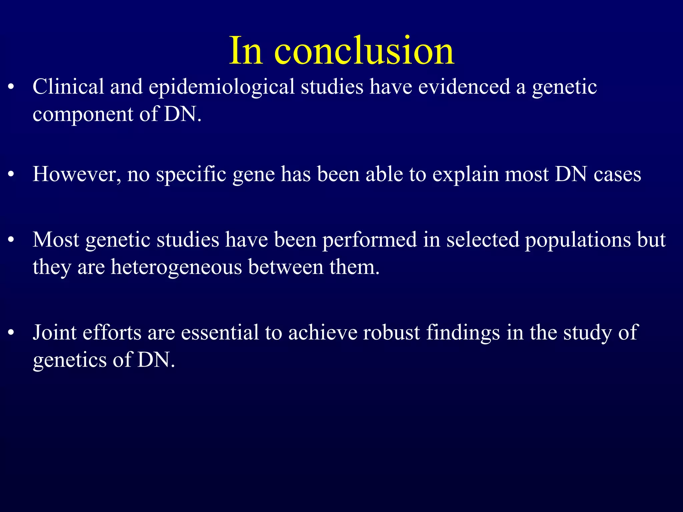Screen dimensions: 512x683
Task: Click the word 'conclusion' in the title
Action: click(364, 51)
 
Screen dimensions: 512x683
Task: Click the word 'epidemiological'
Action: click(221, 87)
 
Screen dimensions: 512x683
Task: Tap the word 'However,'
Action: click(77, 174)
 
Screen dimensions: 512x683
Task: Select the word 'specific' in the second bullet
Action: click(191, 175)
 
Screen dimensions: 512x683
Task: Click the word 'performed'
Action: click(370, 240)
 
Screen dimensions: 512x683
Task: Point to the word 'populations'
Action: click(578, 240)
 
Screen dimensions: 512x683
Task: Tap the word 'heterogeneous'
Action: click(176, 268)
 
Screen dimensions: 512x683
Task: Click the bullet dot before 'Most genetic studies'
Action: click(11, 240)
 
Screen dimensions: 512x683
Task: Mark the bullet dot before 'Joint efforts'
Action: click(11, 333)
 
